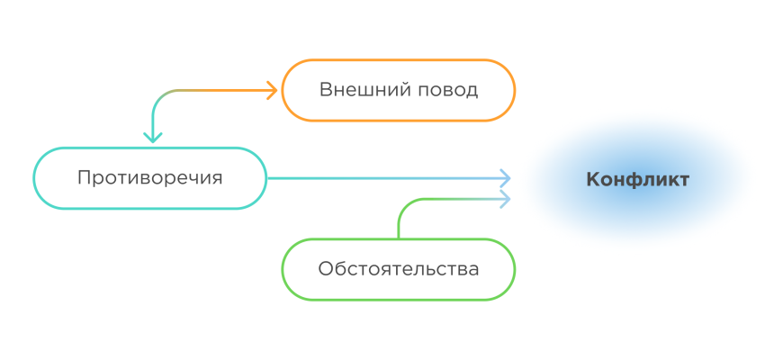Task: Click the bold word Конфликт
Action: coord(637,179)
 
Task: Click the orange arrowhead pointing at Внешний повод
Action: coord(271,89)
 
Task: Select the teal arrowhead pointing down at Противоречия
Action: coord(153,137)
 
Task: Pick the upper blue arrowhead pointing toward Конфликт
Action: coord(505,177)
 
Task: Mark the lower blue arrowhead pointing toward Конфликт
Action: coord(505,197)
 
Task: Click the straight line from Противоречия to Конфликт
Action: coord(378,178)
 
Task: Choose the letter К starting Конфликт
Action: coord(592,179)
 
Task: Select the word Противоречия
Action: coord(149,177)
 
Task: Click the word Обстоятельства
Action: coord(398,268)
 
